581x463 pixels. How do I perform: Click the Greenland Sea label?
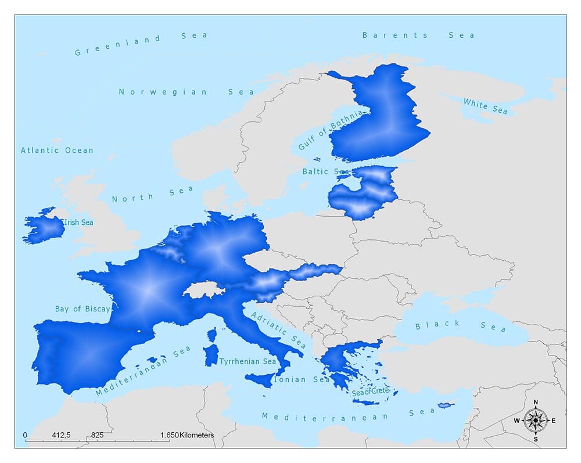pos(141,44)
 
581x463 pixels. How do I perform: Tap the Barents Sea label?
pos(418,35)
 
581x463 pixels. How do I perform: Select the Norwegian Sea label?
pos(186,92)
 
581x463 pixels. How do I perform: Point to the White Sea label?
pos(485,106)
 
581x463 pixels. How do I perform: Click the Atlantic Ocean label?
pos(57,150)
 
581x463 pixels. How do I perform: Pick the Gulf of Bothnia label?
pos(330,130)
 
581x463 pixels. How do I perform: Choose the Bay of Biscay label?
pos(82,309)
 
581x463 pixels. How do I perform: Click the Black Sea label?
pos(460,326)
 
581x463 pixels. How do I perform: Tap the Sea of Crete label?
pos(371,392)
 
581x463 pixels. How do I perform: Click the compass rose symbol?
pos(535,420)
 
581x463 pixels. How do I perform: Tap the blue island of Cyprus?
pos(445,405)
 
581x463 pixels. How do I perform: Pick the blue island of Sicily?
pos(260,379)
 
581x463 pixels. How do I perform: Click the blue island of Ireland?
pos(44,228)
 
